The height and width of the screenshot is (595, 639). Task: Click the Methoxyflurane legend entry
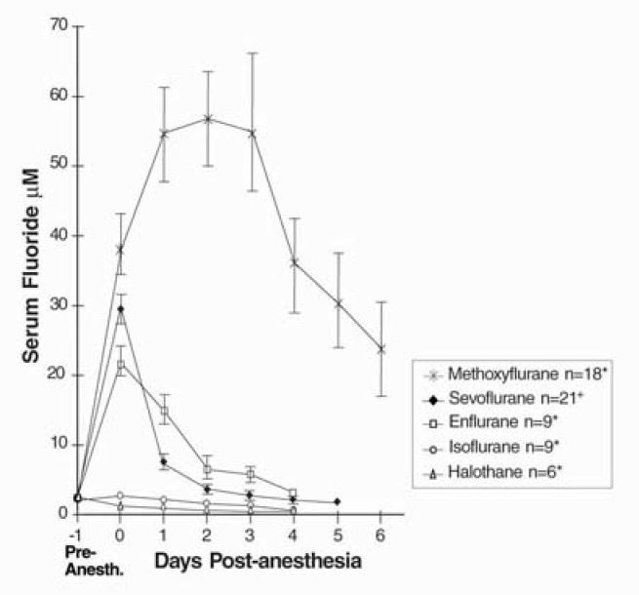[x=516, y=374]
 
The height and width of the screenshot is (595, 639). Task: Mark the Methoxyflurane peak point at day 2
[x=208, y=119]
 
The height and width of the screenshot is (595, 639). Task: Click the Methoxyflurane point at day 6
[x=380, y=348]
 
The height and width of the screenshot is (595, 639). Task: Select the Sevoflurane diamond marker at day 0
[x=120, y=309]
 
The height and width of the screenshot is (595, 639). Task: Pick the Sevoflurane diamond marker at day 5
[x=337, y=501]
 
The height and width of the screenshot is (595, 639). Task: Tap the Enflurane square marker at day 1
[x=164, y=411]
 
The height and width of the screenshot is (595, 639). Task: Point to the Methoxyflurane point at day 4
[x=294, y=261]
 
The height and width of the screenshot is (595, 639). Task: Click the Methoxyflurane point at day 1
[x=164, y=133]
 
